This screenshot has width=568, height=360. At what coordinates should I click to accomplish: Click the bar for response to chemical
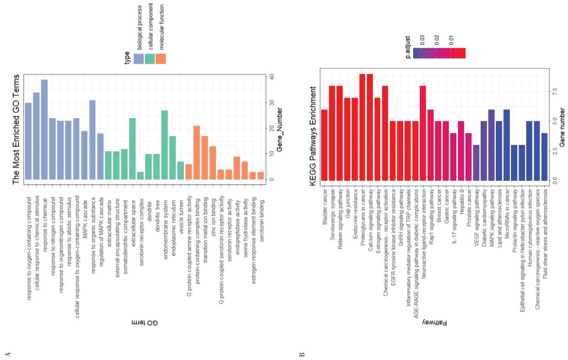point(44,130)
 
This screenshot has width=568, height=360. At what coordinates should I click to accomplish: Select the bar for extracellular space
point(132,149)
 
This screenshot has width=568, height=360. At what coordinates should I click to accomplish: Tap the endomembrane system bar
point(165,145)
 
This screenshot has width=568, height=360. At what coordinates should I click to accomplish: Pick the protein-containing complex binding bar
point(197,152)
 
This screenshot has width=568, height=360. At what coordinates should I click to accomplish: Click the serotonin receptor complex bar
point(141,176)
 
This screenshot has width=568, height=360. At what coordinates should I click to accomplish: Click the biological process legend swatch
point(139,59)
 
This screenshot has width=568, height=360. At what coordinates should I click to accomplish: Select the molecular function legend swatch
point(161,59)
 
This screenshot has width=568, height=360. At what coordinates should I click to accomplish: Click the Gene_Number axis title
point(279,130)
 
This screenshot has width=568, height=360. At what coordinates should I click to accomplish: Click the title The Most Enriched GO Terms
point(16,129)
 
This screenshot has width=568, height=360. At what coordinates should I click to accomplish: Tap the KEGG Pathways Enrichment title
point(313,137)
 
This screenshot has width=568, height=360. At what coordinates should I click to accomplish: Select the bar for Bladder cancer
point(325,145)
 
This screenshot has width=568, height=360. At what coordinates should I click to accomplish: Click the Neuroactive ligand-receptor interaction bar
point(423,133)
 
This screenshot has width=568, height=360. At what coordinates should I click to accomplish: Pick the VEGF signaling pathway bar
point(477,163)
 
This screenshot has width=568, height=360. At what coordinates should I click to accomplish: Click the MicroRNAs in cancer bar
point(506,145)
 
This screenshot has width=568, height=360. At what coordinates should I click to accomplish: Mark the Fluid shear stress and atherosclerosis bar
point(544,157)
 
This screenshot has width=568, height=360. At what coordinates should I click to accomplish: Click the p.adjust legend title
point(408,47)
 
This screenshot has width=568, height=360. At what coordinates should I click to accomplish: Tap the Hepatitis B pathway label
point(461,202)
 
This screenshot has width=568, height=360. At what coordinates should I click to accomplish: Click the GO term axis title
point(145,322)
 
